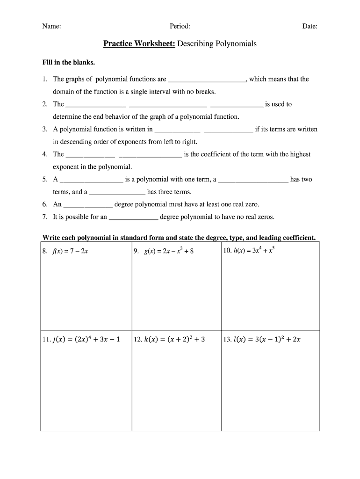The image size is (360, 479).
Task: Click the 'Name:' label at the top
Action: coord(51,27)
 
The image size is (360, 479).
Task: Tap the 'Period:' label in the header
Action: coord(180,27)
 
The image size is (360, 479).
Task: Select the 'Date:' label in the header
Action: coord(310,27)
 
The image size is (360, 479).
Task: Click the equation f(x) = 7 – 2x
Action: coord(68,251)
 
